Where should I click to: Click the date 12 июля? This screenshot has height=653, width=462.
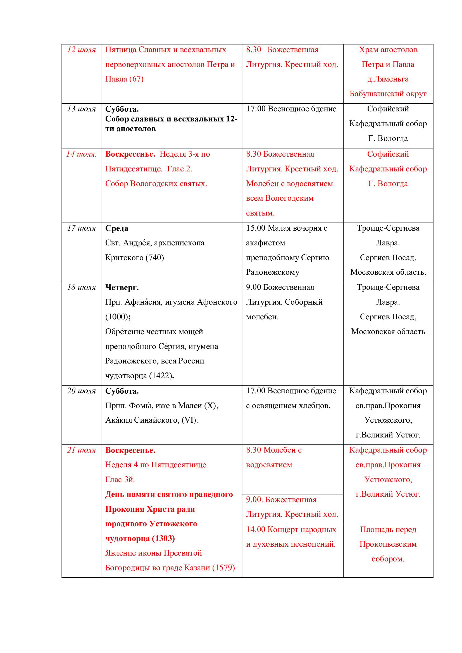click(x=81, y=50)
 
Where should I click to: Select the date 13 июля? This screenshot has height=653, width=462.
click(x=81, y=109)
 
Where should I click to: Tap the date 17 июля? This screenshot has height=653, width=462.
click(x=81, y=228)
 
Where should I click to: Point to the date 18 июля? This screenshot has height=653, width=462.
click(x=81, y=287)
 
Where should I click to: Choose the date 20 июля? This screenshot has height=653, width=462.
click(x=81, y=391)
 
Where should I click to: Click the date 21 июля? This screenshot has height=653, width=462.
click(x=81, y=450)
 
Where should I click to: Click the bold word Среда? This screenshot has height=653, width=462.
click(x=117, y=228)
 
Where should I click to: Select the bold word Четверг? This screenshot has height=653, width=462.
click(x=122, y=288)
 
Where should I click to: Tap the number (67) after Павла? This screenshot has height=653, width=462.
click(x=136, y=79)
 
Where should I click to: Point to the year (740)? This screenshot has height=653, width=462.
click(x=154, y=258)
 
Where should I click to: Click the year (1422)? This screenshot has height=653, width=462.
click(x=161, y=376)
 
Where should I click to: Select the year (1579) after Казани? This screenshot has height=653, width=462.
click(x=224, y=568)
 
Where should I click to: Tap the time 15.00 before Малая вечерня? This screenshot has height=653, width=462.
click(x=256, y=228)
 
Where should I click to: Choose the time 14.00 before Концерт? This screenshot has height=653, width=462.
click(x=256, y=530)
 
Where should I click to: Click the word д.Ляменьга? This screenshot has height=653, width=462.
click(x=388, y=79)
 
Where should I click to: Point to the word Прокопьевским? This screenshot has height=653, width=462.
click(x=388, y=544)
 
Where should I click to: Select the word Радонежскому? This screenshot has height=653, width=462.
click(x=273, y=272)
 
